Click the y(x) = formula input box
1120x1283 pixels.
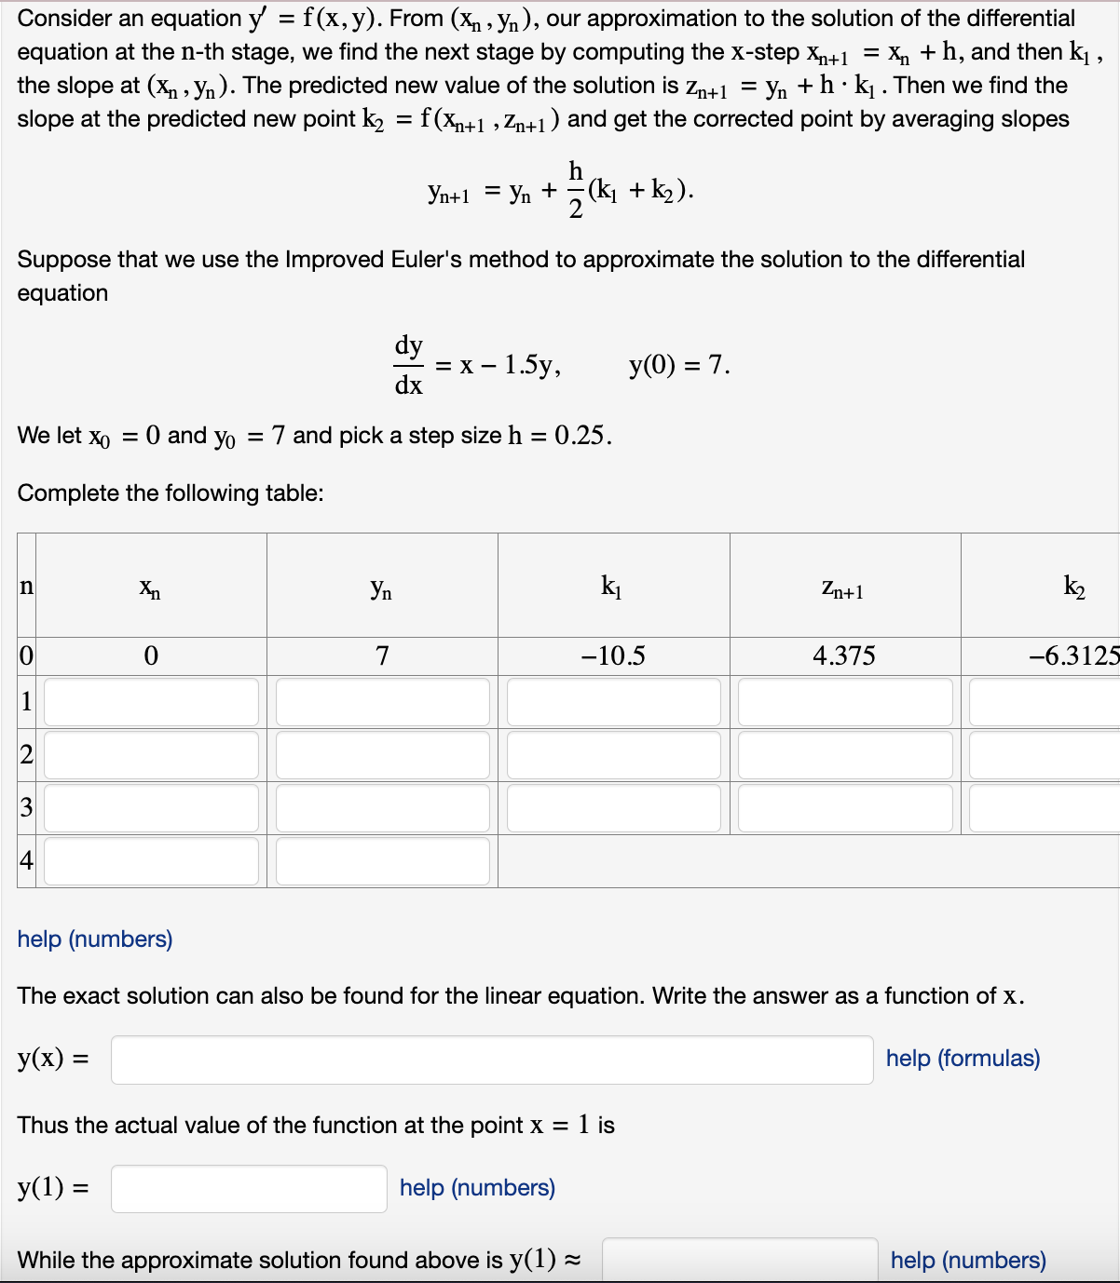[x=492, y=1060]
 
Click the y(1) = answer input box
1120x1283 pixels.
[x=249, y=1189]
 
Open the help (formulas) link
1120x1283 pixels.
[x=963, y=1059]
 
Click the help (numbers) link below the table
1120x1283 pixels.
[x=95, y=939]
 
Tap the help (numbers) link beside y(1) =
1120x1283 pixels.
[x=477, y=1188]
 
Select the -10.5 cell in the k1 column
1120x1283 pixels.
[x=612, y=656]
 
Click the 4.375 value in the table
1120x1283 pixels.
[x=843, y=656]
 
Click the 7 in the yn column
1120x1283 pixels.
[x=382, y=656]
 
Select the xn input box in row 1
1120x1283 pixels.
[x=151, y=702]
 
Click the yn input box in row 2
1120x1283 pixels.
[x=382, y=755]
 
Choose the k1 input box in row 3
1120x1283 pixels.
[x=613, y=808]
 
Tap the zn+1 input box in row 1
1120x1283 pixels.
[x=845, y=702]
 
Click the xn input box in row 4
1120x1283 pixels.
[x=151, y=861]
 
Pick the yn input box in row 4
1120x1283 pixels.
[x=382, y=861]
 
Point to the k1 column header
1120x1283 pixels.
[x=611, y=587]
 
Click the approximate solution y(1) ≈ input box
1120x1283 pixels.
[x=740, y=1260]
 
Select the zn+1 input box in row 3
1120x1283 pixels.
[x=845, y=808]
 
